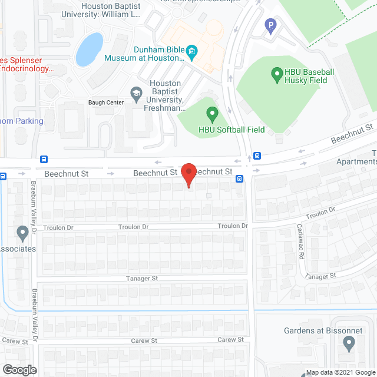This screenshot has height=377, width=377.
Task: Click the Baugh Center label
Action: (x=107, y=102)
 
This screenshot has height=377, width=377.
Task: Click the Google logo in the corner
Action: (x=19, y=369)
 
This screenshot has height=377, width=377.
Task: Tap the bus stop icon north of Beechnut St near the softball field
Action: (x=257, y=156)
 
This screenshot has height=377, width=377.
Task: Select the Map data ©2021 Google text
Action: (x=339, y=372)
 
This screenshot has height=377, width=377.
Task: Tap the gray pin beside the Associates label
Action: (x=23, y=234)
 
